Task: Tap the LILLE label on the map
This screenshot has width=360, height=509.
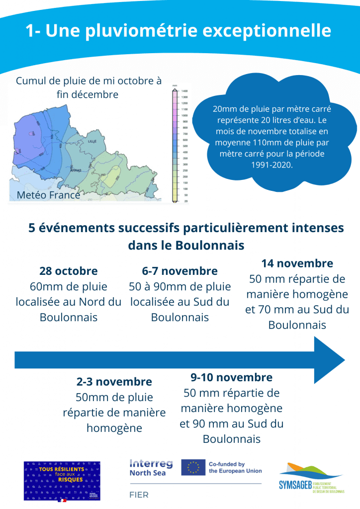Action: pos(92,141)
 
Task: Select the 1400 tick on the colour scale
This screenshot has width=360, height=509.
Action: pos(184,91)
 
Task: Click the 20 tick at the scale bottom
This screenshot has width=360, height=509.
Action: pos(185,201)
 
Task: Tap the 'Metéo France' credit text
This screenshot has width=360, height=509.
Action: pos(48,195)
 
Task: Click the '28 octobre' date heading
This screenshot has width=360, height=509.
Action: pos(69,271)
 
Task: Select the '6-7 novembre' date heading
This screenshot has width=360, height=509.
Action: pos(180,271)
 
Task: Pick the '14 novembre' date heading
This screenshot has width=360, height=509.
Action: pos(297,263)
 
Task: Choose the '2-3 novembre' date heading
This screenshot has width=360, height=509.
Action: pos(114,382)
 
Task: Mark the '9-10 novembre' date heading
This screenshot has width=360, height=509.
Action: pos(231,377)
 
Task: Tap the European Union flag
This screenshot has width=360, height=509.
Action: pos(193,467)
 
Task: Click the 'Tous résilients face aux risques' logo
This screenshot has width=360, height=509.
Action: pos(62,481)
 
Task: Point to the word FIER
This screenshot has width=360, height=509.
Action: pos(139,495)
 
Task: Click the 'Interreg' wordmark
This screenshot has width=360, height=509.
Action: pos(151,463)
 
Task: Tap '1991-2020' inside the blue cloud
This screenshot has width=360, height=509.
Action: pos(272,165)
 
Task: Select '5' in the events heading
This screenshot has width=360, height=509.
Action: pos(33,228)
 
